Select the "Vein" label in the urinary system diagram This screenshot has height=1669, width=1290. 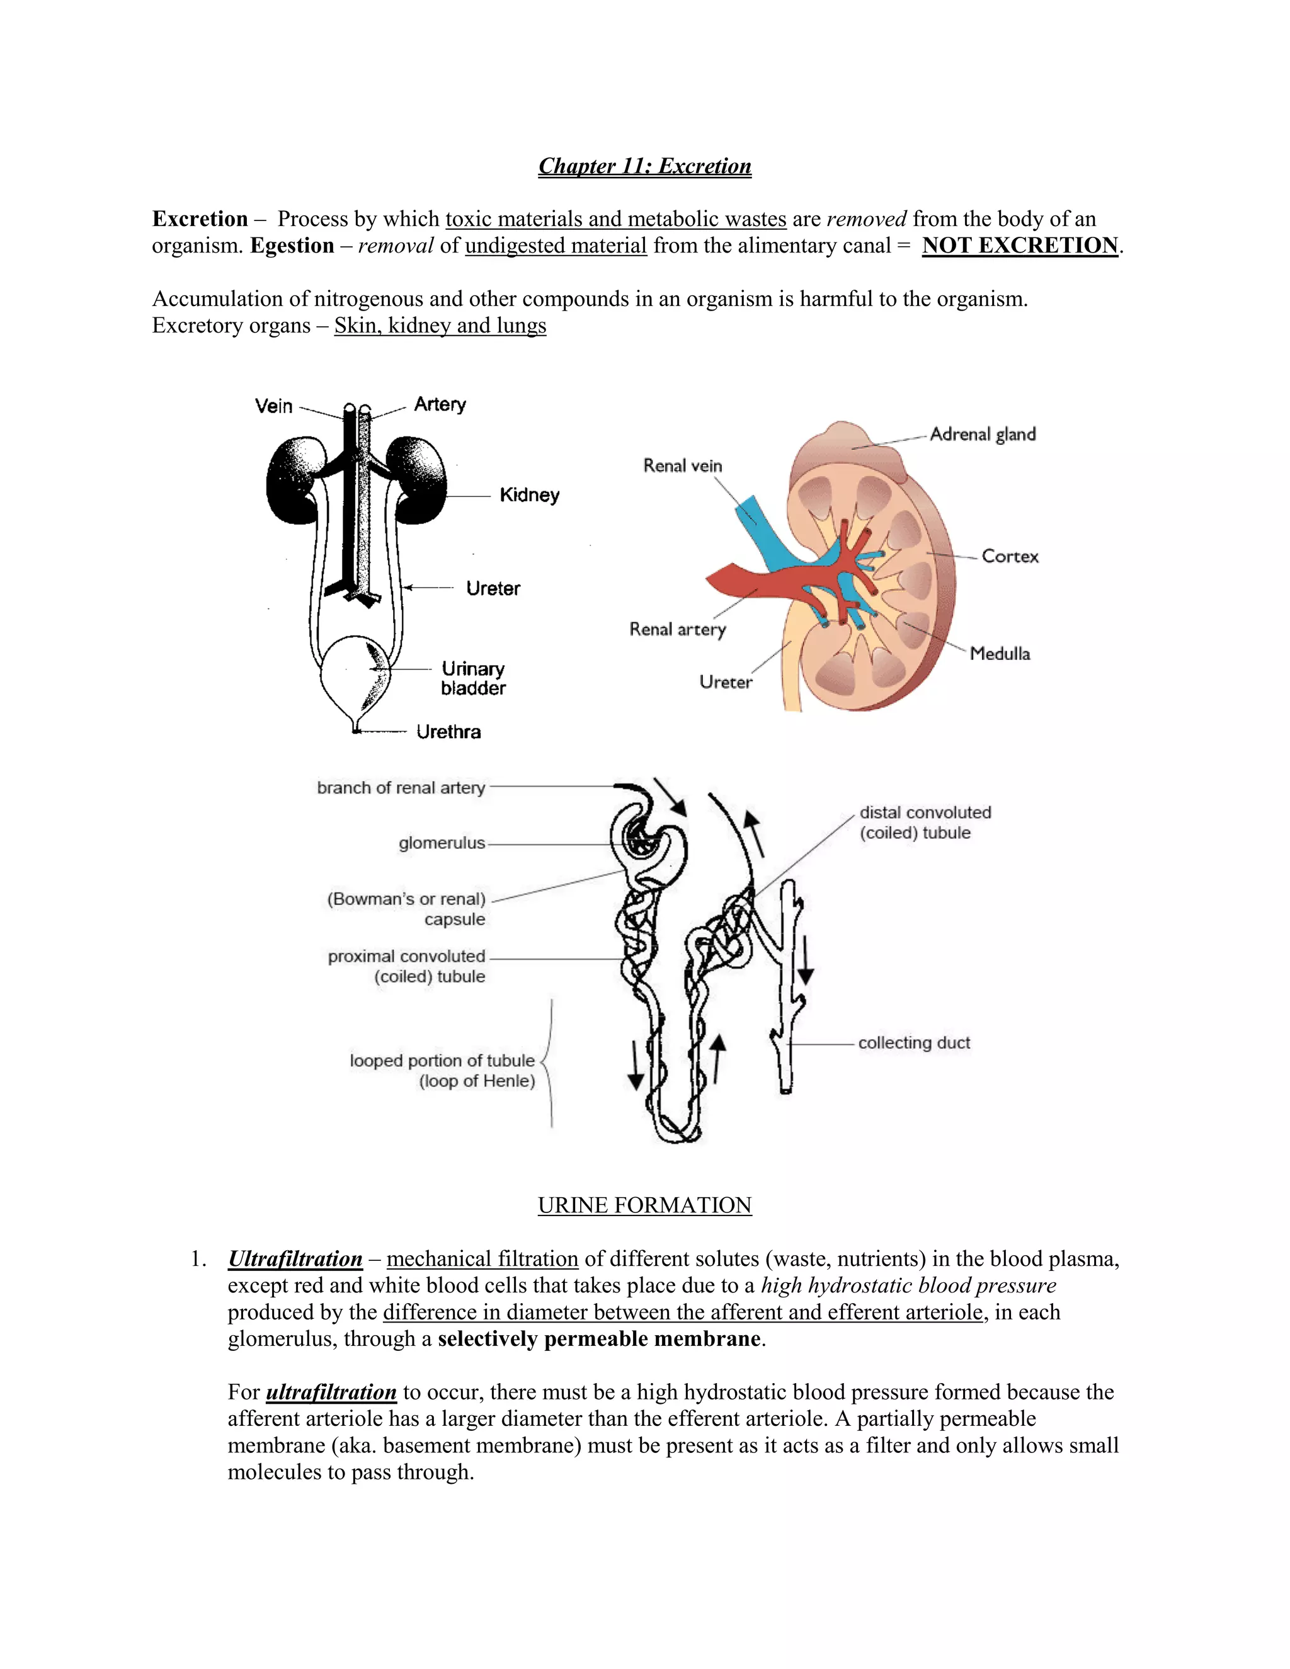[x=273, y=406]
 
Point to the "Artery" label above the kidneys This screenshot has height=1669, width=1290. [x=440, y=404]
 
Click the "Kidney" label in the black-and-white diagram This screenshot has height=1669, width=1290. [x=529, y=495]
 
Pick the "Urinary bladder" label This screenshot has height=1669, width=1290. [x=473, y=678]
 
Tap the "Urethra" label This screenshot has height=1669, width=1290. [x=448, y=732]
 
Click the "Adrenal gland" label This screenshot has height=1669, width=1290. [x=983, y=434]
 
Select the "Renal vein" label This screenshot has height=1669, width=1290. [x=682, y=465]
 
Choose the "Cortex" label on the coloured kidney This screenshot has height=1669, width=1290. [x=1010, y=556]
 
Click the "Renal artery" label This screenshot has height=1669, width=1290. [x=677, y=629]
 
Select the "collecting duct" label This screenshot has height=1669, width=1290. [x=914, y=1042]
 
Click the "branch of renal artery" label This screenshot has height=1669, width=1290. [x=401, y=787]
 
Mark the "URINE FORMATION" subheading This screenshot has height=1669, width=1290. [x=644, y=1205]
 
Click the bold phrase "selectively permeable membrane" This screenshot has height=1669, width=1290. [x=599, y=1339]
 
